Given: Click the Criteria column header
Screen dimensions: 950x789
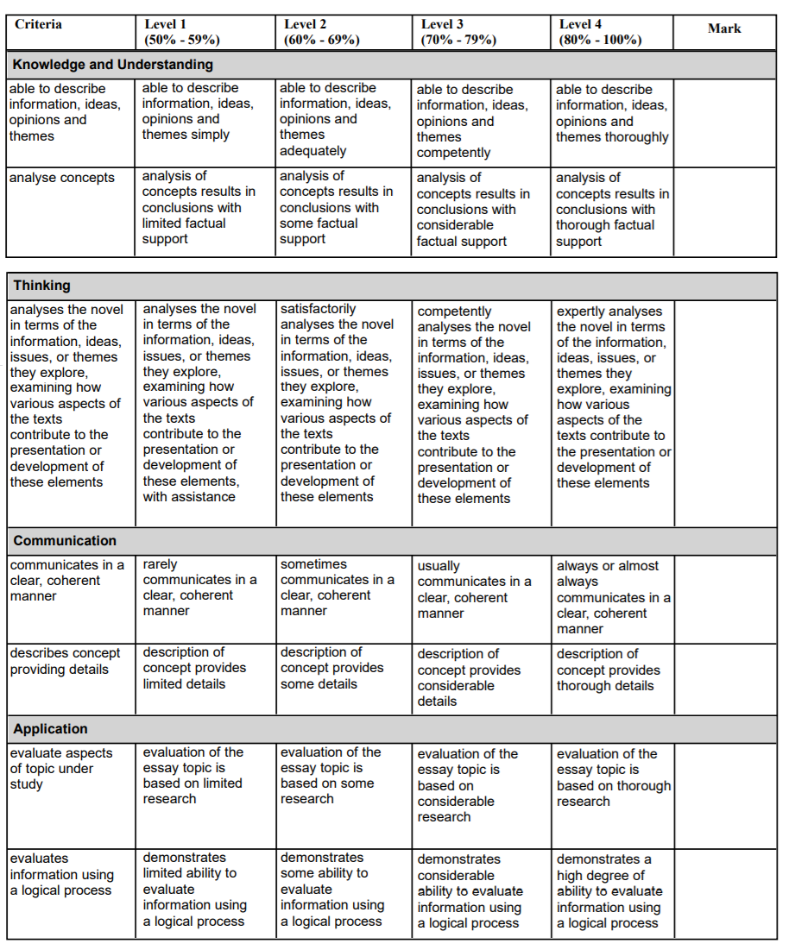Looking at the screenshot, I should coord(39,24).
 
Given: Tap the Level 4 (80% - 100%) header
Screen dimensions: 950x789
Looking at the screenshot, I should coord(600,32).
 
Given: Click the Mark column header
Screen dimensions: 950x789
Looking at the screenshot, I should coord(724,28).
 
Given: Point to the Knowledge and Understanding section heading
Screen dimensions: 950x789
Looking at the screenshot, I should coord(113,65).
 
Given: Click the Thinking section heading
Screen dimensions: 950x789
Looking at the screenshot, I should coord(42,286).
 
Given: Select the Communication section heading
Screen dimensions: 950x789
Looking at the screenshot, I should coord(65,541).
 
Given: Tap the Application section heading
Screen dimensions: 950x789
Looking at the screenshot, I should coord(51,729).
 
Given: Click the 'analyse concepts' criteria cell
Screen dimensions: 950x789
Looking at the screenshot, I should coord(62,178).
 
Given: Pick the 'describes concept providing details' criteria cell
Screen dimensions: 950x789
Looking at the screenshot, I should coord(66,661).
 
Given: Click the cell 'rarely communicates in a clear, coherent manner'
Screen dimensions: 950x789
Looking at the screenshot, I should coord(199,588).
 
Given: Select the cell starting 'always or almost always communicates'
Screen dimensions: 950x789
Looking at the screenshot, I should coord(613,597).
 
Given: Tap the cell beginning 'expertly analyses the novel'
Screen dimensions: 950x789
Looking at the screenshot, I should coord(613,397).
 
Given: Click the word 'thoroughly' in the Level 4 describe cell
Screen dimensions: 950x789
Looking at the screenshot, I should coord(637,137).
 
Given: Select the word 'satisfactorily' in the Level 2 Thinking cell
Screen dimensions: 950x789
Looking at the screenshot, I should coord(318,308).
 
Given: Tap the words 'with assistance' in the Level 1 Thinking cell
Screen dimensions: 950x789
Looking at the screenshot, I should coord(189,497).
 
